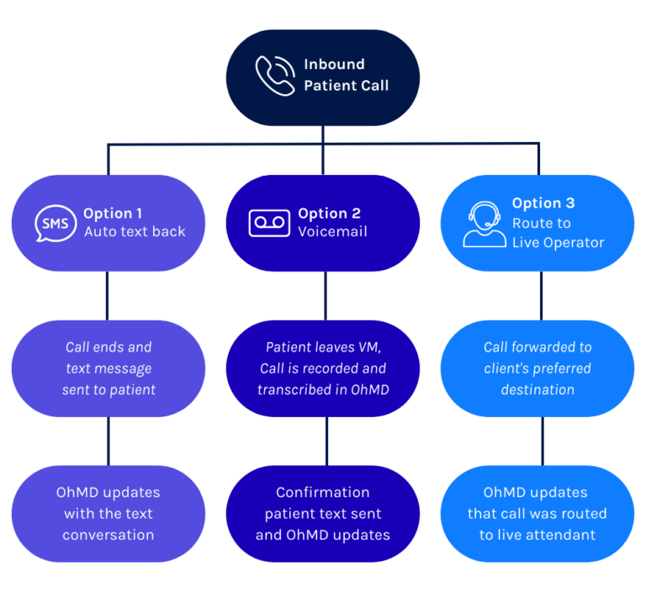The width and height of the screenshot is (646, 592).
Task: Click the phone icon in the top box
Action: tap(275, 76)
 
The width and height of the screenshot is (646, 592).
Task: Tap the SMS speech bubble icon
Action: tap(56, 224)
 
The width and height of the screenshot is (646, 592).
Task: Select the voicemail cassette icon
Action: tap(269, 223)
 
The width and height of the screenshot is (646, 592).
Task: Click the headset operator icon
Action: tap(484, 222)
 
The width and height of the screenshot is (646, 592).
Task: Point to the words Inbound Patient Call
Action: tap(346, 75)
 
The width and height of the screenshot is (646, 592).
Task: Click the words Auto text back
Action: tap(135, 232)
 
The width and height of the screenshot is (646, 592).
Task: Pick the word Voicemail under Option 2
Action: tap(332, 232)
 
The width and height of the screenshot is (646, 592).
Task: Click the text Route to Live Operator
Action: tap(558, 233)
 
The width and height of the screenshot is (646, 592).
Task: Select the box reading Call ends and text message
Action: tap(108, 368)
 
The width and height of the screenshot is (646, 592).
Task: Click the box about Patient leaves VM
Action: tap(323, 368)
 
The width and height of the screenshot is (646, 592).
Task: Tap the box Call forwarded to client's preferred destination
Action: tap(538, 368)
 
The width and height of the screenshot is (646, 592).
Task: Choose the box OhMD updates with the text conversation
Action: tap(108, 513)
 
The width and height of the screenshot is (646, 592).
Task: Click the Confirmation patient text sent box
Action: tap(323, 513)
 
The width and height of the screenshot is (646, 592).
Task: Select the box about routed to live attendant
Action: tap(538, 513)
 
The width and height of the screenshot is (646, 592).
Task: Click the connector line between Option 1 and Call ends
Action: tap(108, 295)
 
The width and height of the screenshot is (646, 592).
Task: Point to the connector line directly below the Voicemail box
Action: tap(324, 295)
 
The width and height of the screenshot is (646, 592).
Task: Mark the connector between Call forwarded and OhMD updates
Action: tap(539, 441)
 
